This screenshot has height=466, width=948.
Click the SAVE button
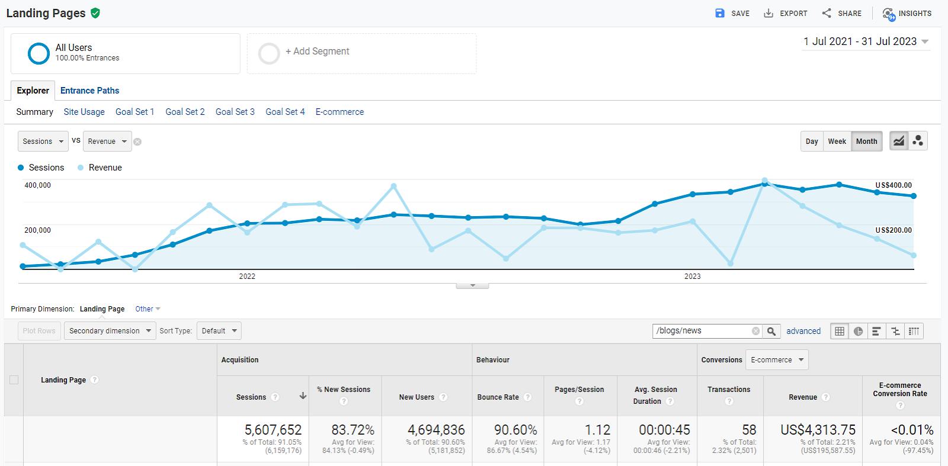tap(732, 13)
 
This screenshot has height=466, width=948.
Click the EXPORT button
tap(786, 13)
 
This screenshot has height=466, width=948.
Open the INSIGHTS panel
tap(907, 13)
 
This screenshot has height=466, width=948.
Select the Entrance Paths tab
tap(89, 91)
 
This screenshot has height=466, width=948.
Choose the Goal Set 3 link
tap(235, 112)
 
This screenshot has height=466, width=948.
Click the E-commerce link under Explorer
tap(340, 112)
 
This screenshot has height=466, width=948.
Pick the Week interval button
tap(837, 142)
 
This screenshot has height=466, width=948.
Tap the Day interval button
tap(812, 142)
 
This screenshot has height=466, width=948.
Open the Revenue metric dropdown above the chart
tap(107, 142)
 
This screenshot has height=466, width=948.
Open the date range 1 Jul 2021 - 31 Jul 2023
tap(865, 41)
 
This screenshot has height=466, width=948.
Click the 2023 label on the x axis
tap(692, 277)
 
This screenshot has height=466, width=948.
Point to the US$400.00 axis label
tap(893, 185)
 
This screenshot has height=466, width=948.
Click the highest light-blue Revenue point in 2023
tap(764, 181)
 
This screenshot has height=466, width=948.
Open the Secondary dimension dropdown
tap(110, 331)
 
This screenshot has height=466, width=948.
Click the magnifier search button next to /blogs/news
tap(771, 331)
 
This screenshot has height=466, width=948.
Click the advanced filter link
tap(803, 331)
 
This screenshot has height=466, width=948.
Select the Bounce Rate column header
tap(498, 397)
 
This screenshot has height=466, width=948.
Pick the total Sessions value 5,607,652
tap(273, 430)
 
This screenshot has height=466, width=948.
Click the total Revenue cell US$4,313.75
tap(818, 430)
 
